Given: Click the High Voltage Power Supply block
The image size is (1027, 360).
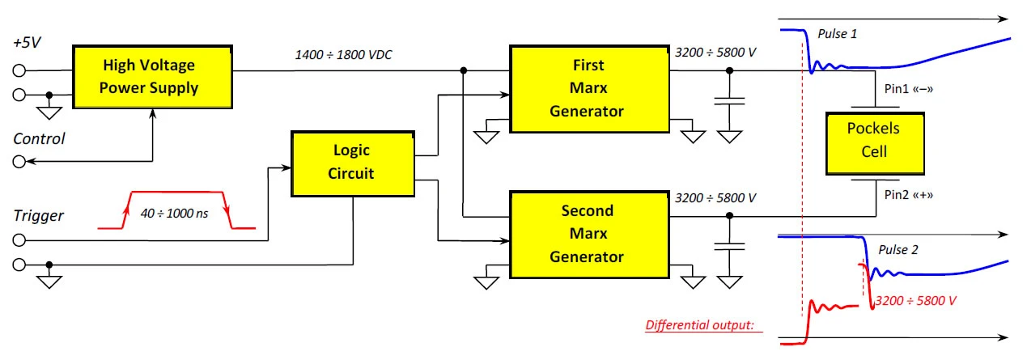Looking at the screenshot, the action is click(153, 77).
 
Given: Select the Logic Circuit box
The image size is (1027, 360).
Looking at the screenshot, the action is click(353, 164).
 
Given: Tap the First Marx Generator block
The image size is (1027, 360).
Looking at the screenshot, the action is click(590, 89).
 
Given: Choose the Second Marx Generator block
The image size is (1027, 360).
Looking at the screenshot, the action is click(590, 235).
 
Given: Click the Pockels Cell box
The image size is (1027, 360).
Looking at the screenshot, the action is click(875, 143).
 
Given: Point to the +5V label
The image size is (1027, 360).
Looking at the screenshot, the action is click(27, 43).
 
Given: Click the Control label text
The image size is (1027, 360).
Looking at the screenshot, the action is click(39, 139).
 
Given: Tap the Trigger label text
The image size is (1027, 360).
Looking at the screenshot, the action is click(39, 216).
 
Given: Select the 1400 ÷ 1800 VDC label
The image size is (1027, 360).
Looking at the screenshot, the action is click(343, 55).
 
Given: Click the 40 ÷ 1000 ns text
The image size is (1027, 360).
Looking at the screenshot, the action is click(174, 214).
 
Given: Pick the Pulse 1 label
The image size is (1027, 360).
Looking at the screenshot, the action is click(837, 34).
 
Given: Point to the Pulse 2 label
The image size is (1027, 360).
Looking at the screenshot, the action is click(898, 250).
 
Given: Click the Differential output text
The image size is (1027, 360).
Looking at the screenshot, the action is click(700, 325).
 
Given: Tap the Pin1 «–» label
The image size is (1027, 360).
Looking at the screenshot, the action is click(909, 89).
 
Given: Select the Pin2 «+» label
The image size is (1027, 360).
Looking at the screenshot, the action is click(909, 195).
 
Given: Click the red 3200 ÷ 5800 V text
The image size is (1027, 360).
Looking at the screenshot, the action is click(915, 301).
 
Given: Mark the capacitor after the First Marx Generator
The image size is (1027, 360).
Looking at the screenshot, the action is click(729, 101).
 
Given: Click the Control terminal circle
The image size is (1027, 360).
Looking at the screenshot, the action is click(19, 162).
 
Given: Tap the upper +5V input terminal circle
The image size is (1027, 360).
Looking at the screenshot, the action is click(19, 70).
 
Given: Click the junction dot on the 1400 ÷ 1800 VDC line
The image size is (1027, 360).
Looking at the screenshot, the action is click(464, 70).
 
